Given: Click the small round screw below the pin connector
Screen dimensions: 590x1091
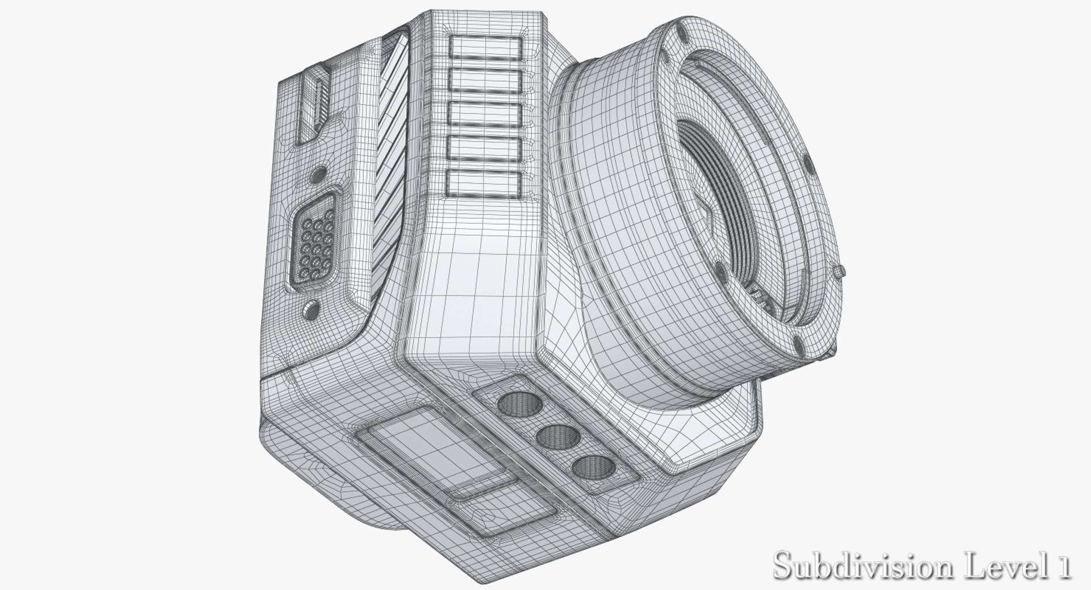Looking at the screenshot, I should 310,308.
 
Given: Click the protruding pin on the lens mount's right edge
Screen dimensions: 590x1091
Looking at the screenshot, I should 841,272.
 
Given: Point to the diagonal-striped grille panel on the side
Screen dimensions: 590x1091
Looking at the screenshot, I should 394,165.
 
